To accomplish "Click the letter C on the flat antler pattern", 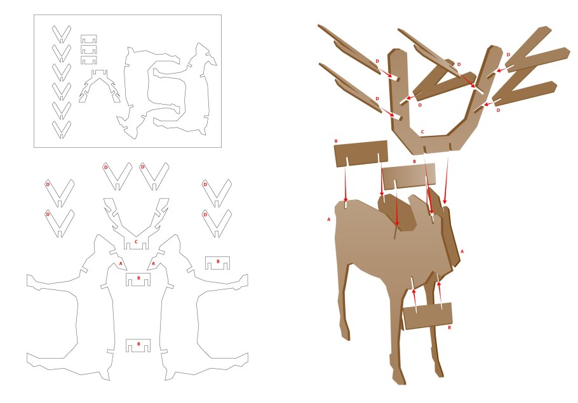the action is pyautogui.click(x=136, y=242).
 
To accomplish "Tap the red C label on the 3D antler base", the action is pyautogui.click(x=422, y=131).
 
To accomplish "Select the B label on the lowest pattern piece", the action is pyautogui.click(x=138, y=344).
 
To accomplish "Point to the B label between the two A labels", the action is pyautogui.click(x=138, y=278).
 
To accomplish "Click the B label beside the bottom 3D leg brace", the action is pyautogui.click(x=449, y=327).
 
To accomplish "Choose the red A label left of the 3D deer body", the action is pyautogui.click(x=329, y=219).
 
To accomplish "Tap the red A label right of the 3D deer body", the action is pyautogui.click(x=462, y=251).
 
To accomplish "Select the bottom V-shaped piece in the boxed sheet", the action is pyautogui.click(x=62, y=129).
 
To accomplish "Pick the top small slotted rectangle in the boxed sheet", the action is pyautogui.click(x=89, y=39).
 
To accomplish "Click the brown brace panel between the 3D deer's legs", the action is pyautogui.click(x=427, y=315).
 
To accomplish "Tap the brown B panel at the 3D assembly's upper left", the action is pyautogui.click(x=361, y=153).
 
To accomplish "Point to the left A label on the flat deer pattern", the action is pyautogui.click(x=121, y=264).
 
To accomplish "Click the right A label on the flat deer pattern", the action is pyautogui.click(x=153, y=264).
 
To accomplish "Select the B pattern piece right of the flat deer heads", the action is pyautogui.click(x=217, y=263).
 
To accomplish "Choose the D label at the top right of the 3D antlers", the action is pyautogui.click(x=508, y=55).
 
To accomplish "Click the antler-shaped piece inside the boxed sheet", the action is pyautogui.click(x=99, y=86).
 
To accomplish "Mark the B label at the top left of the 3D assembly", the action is pyautogui.click(x=336, y=141).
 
